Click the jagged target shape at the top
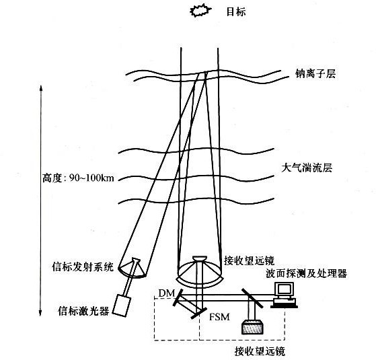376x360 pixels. [200, 11]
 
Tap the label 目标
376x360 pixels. [236, 11]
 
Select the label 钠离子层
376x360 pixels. [315, 73]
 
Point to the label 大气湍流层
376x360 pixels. [307, 168]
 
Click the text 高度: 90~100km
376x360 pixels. [78, 178]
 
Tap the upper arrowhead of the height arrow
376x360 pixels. [41, 87]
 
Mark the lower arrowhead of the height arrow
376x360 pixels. [40, 313]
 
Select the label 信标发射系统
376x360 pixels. [83, 266]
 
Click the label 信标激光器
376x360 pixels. [83, 311]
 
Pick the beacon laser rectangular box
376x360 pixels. [122, 305]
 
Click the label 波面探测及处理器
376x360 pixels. [306, 273]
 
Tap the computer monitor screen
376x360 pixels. [285, 290]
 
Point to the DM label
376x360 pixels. [167, 293]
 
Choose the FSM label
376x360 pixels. [219, 317]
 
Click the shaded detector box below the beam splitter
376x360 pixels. [252, 327]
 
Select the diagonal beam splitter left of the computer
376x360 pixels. [252, 298]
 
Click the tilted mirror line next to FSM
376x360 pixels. [199, 313]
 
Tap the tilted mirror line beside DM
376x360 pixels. [178, 297]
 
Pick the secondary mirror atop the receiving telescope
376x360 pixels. [200, 258]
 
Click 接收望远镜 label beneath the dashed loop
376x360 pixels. [260, 352]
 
